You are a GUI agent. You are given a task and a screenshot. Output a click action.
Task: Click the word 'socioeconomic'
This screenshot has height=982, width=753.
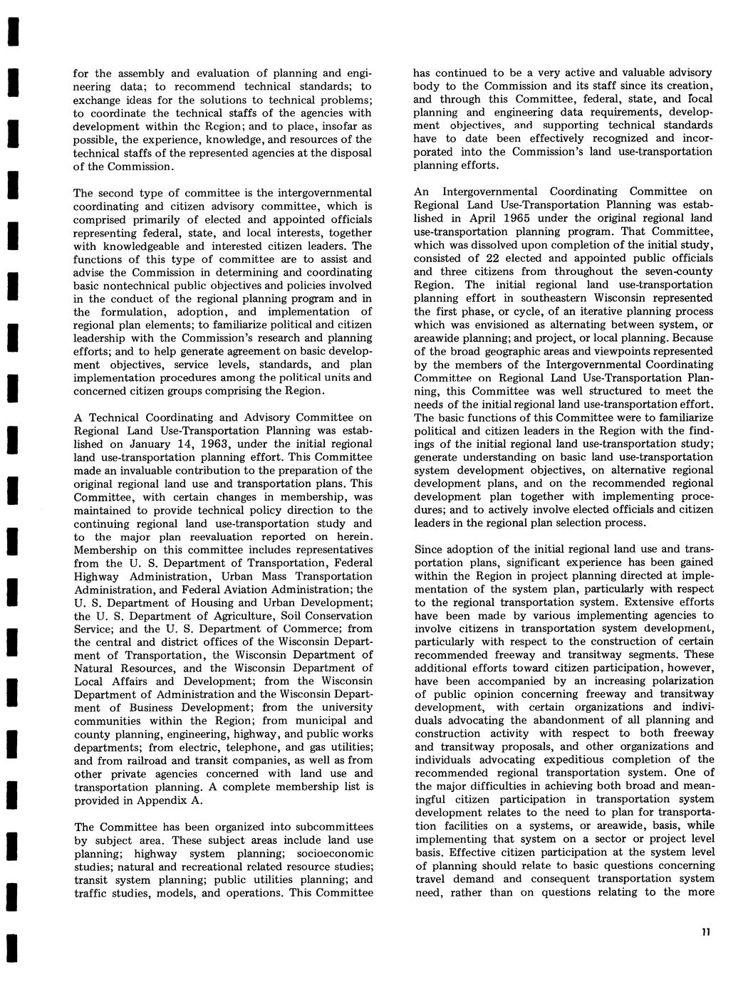pyautogui.click(x=334, y=853)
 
